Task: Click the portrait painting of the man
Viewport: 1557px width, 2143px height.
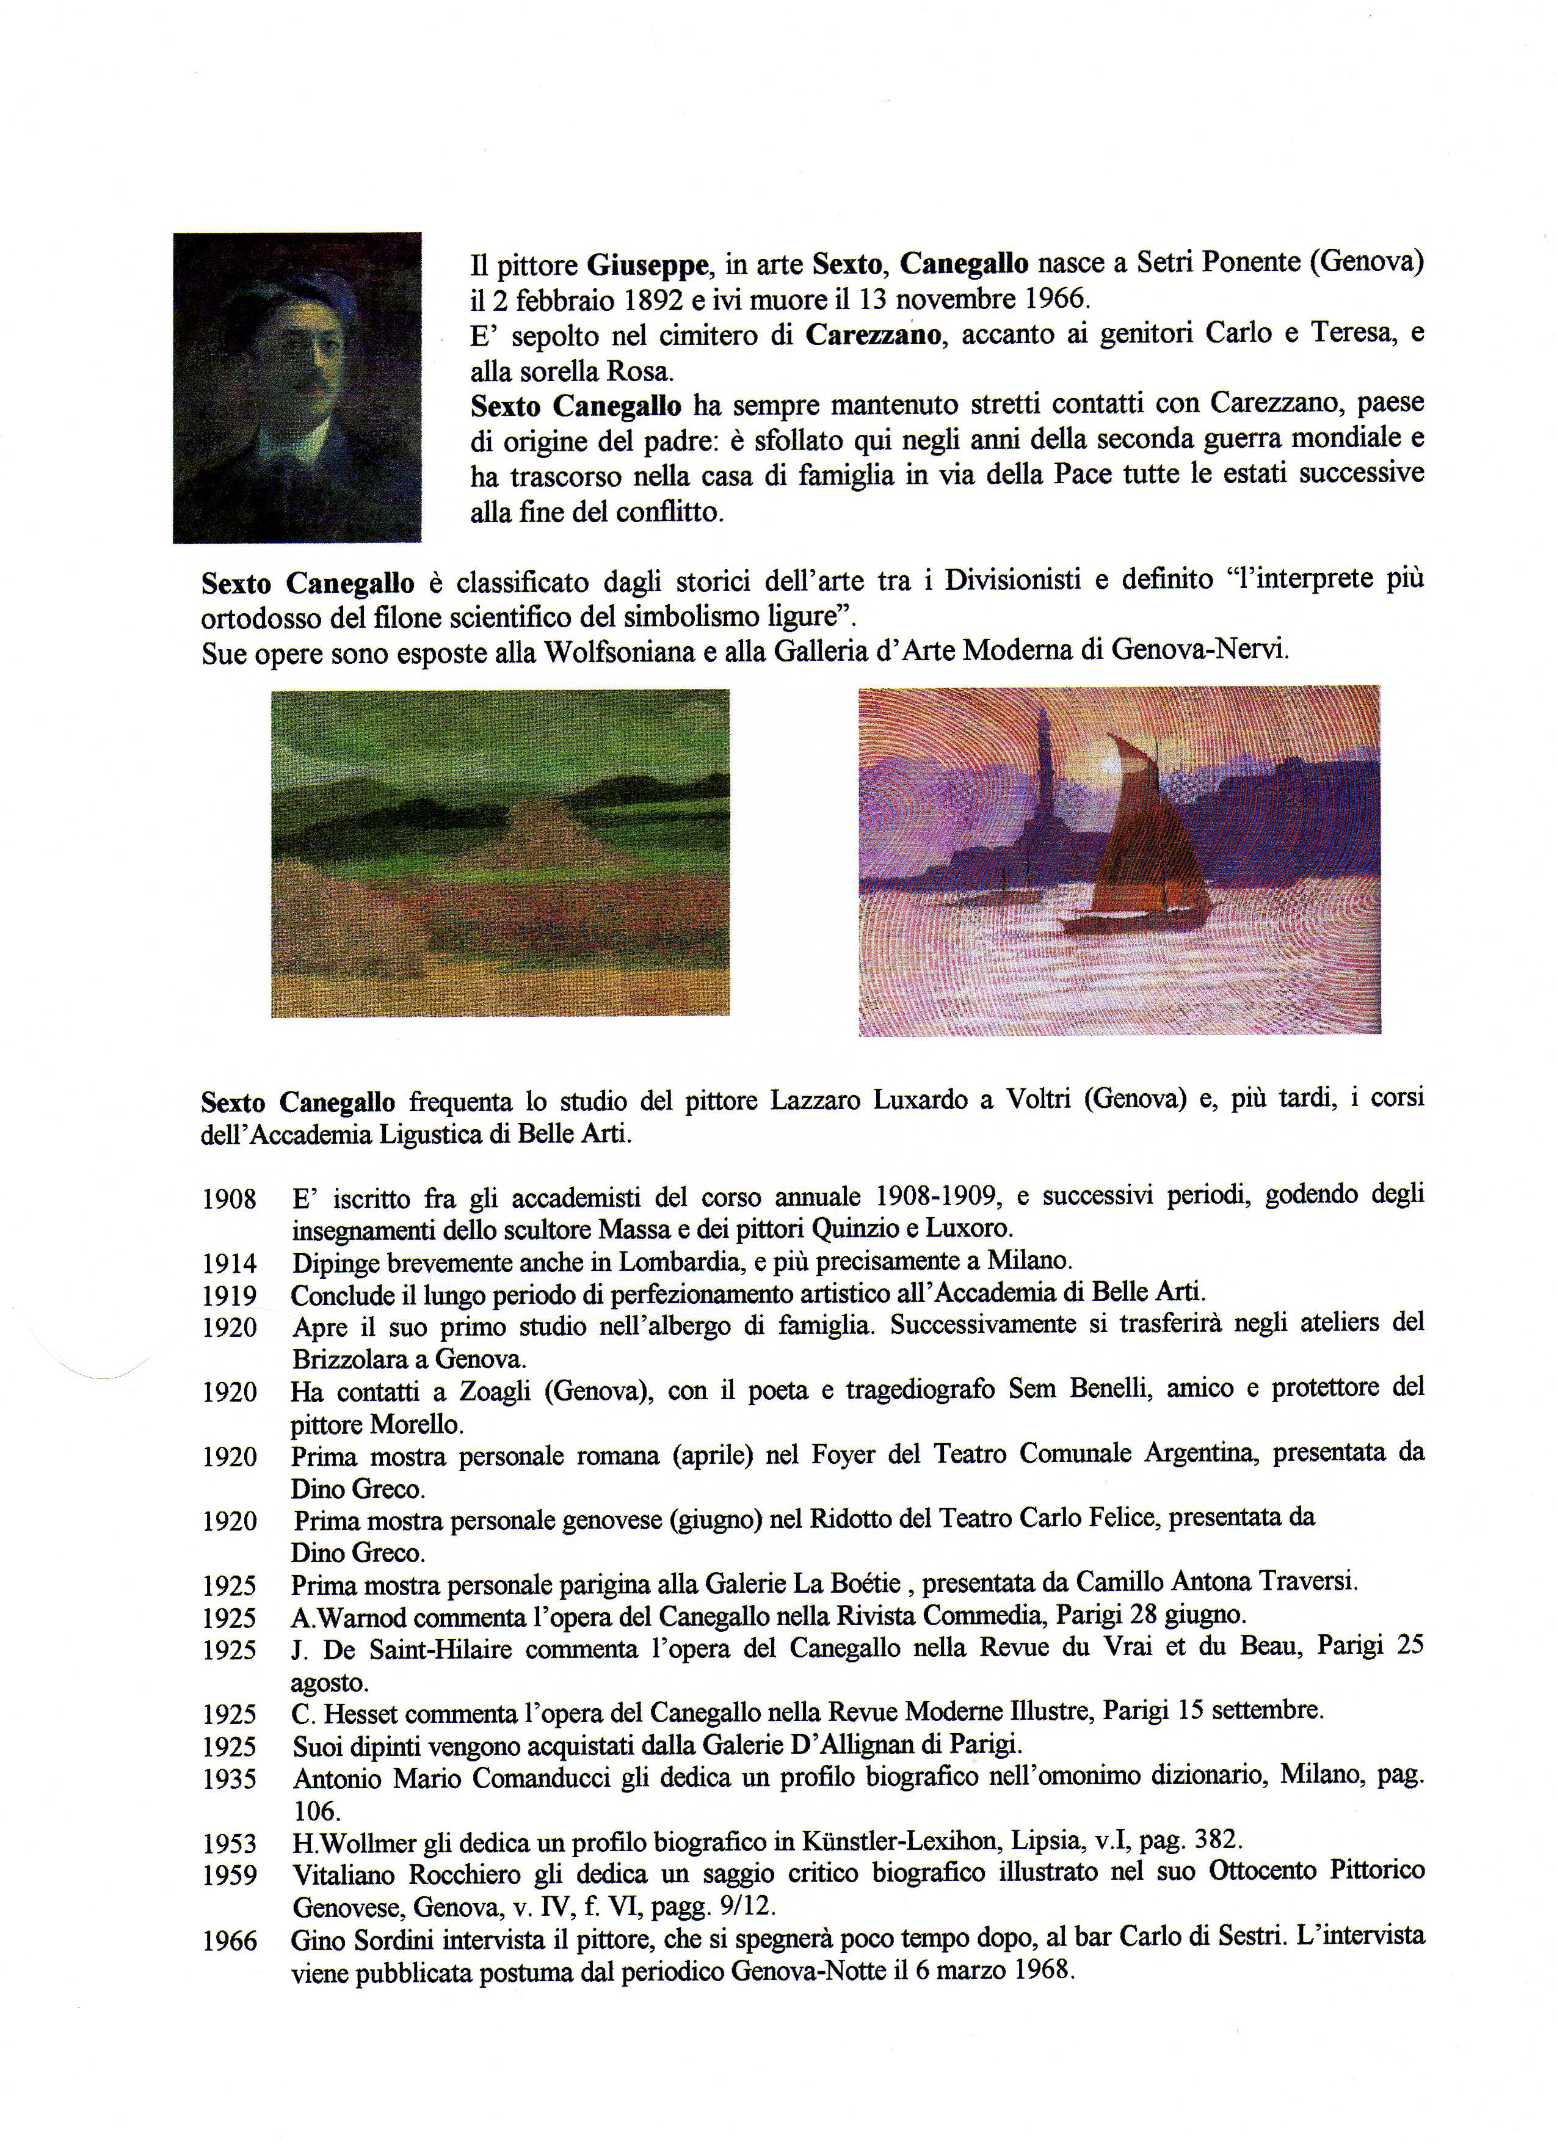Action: click(x=297, y=387)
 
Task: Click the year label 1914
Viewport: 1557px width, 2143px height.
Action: click(x=230, y=1264)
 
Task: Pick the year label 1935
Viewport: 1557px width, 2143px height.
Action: click(x=230, y=1779)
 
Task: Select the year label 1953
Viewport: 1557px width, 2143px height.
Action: click(x=230, y=1844)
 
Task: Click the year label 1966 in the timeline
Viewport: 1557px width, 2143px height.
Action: click(x=230, y=1941)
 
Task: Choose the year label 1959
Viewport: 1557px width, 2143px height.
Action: click(x=230, y=1876)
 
